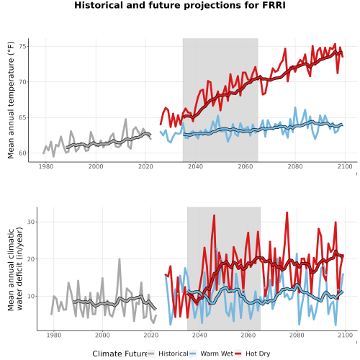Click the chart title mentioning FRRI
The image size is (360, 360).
pos(180,5)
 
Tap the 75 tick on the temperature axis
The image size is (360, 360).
pos(22,46)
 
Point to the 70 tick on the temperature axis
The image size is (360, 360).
pos(22,82)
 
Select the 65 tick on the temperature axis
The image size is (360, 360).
pos(22,117)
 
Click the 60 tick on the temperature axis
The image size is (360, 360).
pos(22,153)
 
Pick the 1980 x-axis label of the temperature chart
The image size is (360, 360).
pos(46,166)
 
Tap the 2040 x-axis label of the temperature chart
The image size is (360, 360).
pos(195,166)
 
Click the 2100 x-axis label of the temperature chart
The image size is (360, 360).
pos(345,166)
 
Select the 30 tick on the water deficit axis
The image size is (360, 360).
pos(31,222)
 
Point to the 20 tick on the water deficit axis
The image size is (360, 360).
pos(31,259)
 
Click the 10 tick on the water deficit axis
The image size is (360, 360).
pos(31,296)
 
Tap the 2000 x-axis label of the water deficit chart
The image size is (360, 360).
pos(102,335)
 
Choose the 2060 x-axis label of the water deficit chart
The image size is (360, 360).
pos(248,335)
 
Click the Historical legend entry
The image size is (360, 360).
pos(168,354)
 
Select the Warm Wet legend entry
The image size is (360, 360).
pos(211,354)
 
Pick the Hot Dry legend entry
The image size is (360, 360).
pos(252,354)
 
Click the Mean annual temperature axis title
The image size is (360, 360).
pos(11,100)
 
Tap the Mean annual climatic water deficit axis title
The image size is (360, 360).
pos(15,269)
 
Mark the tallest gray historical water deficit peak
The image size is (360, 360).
pos(120,259)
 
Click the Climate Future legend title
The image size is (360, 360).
pos(120,354)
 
